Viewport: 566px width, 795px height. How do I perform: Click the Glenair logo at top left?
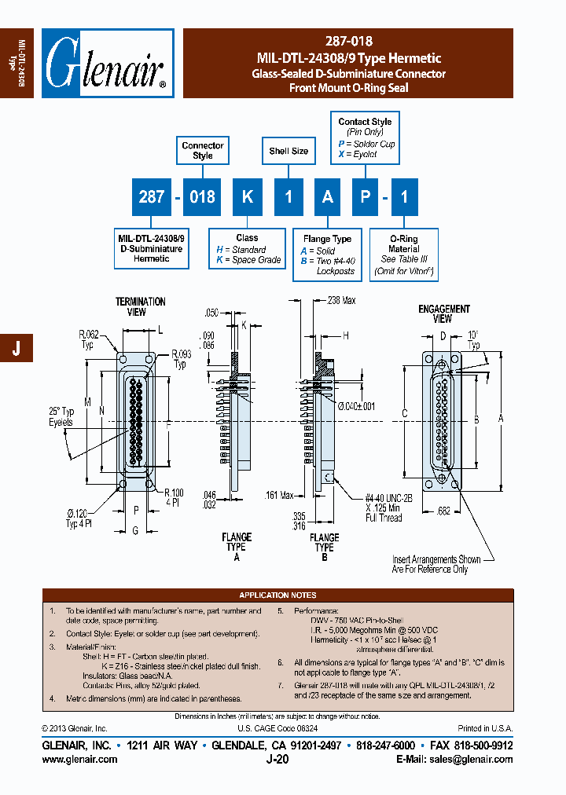(107, 63)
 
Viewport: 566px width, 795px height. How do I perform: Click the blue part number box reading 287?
(151, 196)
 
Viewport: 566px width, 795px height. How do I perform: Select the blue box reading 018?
(202, 196)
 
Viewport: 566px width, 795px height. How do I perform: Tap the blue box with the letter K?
(247, 196)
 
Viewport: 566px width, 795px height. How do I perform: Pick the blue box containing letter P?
(365, 196)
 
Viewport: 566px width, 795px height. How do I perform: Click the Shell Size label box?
(289, 151)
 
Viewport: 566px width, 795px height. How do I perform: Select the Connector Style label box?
(203, 150)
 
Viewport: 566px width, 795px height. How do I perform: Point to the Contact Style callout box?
(365, 137)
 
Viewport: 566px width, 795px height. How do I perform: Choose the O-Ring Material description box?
(404, 255)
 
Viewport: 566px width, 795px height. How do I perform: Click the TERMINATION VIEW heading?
(141, 306)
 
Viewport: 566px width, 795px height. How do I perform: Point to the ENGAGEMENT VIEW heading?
(443, 313)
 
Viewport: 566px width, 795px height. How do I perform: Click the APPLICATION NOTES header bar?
(278, 595)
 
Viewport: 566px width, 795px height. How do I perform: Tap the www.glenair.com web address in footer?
(79, 759)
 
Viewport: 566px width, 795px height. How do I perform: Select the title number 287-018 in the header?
(348, 42)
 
